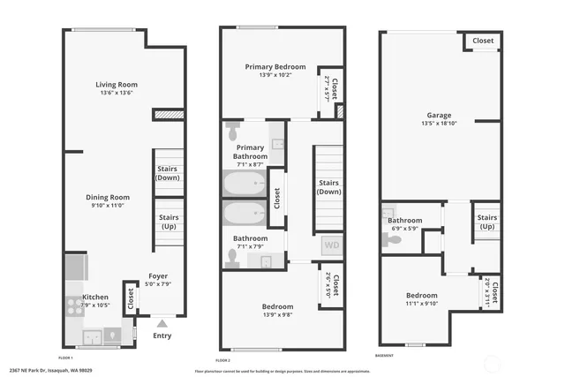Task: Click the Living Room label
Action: [x=117, y=85]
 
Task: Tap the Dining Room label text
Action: [x=108, y=197]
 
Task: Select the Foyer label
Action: [x=157, y=275]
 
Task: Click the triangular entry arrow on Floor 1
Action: [x=162, y=323]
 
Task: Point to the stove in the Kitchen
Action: [x=74, y=307]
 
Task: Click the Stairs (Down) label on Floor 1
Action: [x=168, y=173]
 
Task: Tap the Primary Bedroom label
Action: [x=275, y=67]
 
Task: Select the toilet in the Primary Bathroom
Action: [x=232, y=132]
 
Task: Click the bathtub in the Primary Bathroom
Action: [x=245, y=185]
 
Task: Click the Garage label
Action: [x=439, y=115]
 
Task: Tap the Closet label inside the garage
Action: [x=483, y=41]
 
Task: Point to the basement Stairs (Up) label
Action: [x=486, y=222]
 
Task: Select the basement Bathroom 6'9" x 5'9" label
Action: [x=404, y=230]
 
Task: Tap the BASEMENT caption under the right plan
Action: [x=384, y=356]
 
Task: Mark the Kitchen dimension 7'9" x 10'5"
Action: [x=94, y=305]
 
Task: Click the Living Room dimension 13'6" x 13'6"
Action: [x=117, y=93]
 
